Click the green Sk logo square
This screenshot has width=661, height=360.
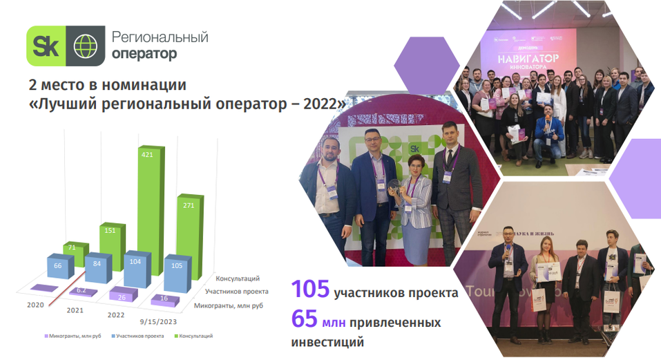[46, 46]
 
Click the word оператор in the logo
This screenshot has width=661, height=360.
[144, 53]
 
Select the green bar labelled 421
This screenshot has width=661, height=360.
[151, 200]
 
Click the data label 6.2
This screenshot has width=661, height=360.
[82, 291]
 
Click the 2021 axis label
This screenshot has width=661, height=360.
[75, 310]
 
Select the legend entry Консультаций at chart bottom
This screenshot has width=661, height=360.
[194, 336]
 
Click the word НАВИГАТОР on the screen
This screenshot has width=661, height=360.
[527, 59]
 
